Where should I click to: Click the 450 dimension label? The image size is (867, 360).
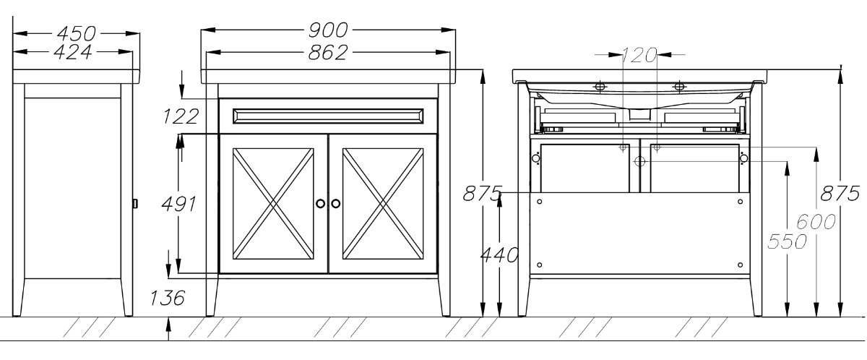(77, 34)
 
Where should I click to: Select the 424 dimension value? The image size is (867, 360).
(73, 52)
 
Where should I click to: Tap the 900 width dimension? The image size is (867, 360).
(328, 30)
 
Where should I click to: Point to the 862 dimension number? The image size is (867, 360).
(328, 52)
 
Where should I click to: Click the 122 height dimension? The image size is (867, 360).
(181, 116)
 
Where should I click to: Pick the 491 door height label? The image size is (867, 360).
(179, 204)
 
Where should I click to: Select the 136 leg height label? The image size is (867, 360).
(168, 298)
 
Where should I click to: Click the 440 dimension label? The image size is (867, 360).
(499, 254)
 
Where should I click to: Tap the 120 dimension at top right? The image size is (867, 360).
(639, 55)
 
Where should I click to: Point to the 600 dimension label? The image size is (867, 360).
(816, 222)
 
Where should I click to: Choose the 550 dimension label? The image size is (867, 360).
(788, 241)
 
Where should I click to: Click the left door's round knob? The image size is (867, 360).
(321, 203)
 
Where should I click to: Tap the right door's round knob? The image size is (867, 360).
(335, 203)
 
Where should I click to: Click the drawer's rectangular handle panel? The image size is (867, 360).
(328, 116)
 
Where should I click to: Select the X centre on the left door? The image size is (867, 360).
(273, 204)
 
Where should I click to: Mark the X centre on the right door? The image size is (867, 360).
(383, 204)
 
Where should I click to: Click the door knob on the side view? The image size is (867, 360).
(135, 204)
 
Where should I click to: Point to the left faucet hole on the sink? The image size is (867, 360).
(600, 86)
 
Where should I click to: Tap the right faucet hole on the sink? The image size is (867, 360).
(679, 86)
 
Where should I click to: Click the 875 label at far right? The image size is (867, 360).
(840, 193)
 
